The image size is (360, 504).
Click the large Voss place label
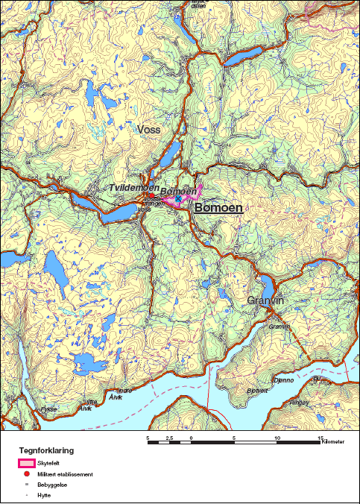point(149,129)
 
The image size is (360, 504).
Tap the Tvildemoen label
point(133,188)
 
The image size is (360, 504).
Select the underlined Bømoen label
point(218,208)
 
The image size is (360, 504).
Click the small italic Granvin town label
point(278,327)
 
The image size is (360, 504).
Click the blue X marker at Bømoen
point(179,200)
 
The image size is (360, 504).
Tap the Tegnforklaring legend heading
point(46,450)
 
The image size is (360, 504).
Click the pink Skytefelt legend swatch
point(27,463)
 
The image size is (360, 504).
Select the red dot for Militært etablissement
point(27,474)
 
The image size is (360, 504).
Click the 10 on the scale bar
point(278,438)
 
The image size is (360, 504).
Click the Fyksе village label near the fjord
point(49,409)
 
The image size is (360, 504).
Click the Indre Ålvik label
point(125,392)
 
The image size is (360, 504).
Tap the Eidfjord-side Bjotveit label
point(257,390)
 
